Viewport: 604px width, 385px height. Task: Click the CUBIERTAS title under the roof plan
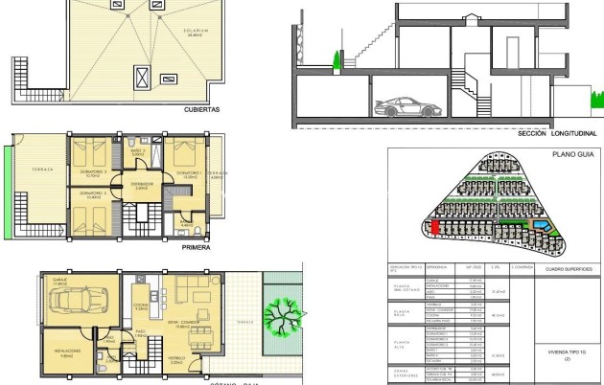tap(202, 110)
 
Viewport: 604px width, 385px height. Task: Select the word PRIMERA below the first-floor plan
tap(196, 246)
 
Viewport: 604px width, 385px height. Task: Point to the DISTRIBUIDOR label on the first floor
tap(142, 184)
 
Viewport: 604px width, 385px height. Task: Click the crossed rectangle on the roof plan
tap(143, 75)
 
